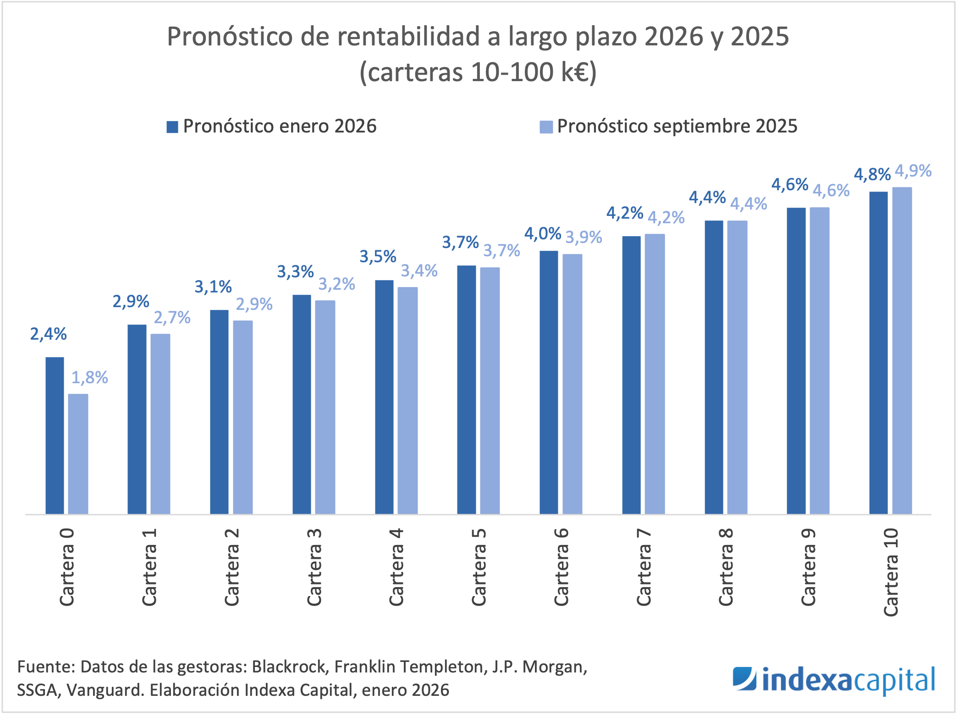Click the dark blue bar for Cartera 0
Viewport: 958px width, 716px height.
coord(55,435)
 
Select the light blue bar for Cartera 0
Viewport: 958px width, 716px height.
coord(78,454)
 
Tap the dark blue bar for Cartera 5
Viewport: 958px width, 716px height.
coord(466,390)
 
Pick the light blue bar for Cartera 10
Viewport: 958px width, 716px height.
coord(902,351)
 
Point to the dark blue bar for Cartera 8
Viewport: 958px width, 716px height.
coord(714,367)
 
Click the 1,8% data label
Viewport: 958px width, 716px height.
coord(90,378)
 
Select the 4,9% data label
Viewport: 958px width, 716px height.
coord(913,171)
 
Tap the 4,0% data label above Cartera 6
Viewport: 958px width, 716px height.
coord(543,234)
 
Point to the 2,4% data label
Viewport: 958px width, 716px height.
coord(49,334)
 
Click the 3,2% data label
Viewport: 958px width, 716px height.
coord(337,284)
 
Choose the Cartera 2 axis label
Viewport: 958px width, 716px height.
coord(231,567)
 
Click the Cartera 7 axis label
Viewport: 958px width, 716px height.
coord(644,567)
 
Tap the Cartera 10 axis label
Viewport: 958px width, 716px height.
coord(891,572)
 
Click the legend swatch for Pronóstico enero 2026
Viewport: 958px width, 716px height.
coord(172,127)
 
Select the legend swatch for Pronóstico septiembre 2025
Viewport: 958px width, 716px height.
coord(546,127)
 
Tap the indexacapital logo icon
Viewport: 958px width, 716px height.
coord(744,678)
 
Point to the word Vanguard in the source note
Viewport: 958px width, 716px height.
coord(105,690)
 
